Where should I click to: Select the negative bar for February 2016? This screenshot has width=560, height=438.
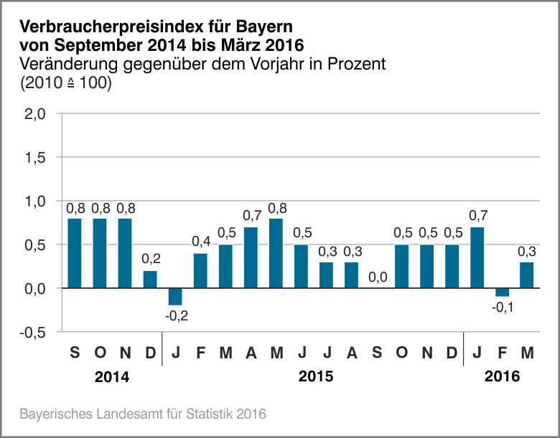502,292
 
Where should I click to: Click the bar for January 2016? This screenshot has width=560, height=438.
477,257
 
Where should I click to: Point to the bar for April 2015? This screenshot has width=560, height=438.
251,257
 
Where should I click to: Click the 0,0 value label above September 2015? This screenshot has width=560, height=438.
376,277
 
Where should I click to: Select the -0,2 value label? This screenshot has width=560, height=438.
175,315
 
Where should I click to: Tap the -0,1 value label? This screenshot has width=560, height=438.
502,307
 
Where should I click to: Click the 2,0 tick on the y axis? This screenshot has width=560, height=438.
35,113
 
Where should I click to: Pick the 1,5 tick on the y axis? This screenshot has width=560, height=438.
35,157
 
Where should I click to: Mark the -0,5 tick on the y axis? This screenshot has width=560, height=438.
33,332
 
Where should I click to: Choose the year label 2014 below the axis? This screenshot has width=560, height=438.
112,376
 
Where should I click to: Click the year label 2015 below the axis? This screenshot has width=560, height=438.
313,376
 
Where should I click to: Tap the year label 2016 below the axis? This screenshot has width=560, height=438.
502,376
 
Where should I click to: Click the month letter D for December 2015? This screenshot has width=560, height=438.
452,353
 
